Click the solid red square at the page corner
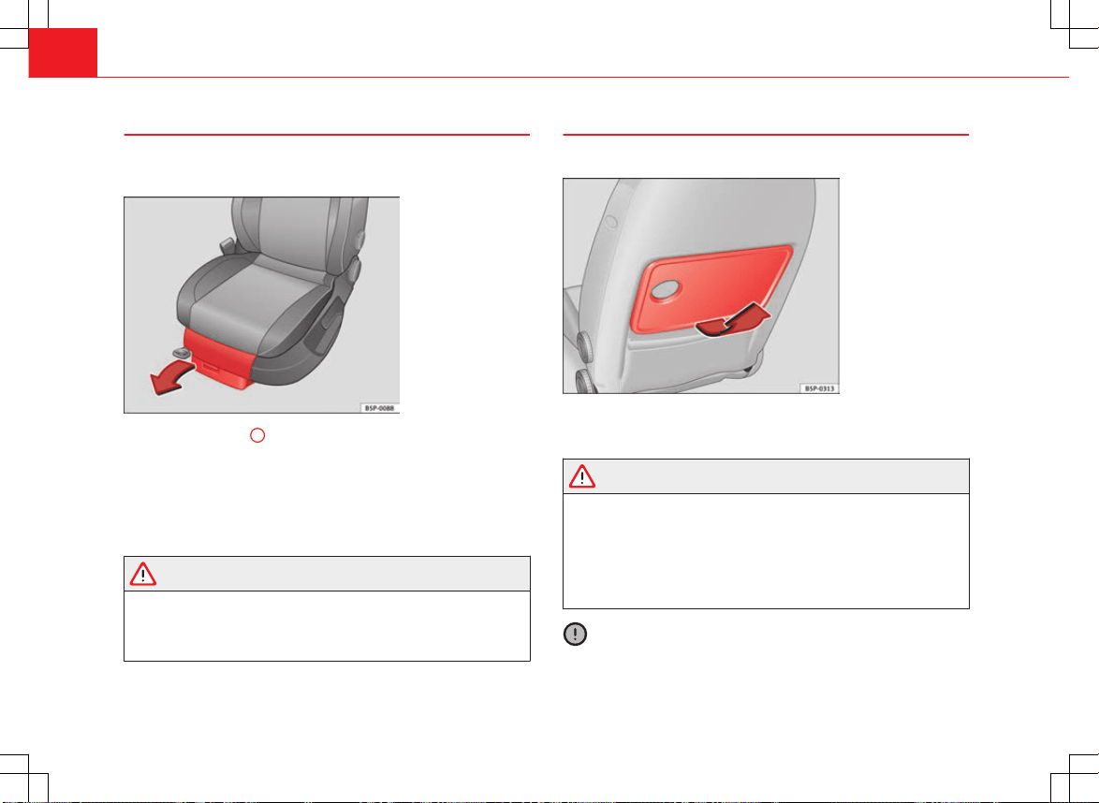[63, 52]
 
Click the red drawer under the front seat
[218, 358]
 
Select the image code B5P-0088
[379, 408]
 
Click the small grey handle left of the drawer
[181, 352]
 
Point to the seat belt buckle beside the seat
[227, 246]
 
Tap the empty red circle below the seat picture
[257, 435]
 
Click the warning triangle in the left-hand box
[143, 574]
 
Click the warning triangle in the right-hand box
[581, 476]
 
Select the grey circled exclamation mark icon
[575, 635]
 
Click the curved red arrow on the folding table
[732, 319]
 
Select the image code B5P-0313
[819, 388]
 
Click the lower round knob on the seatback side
[584, 381]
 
